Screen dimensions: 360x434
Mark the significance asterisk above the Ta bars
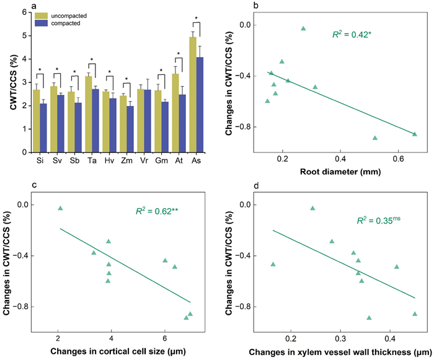point(92,60)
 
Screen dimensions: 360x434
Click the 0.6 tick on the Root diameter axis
point(397,159)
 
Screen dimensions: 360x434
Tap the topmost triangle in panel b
point(303,29)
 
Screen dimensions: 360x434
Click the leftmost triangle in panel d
point(273,265)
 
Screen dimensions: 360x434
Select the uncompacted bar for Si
point(37,121)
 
